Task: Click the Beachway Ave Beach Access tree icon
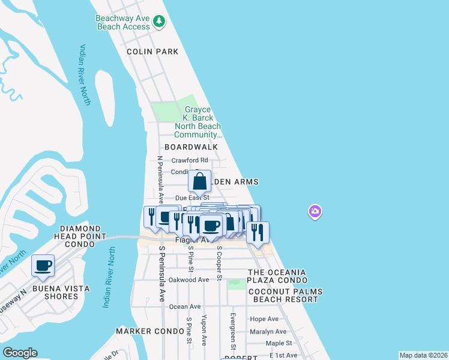[x=159, y=22]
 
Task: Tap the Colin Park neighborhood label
[x=152, y=52]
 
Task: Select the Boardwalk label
[x=191, y=146]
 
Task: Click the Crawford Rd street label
[x=190, y=160]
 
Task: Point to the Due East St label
[x=192, y=197]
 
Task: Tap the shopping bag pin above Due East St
[x=200, y=181]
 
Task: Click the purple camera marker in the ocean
[x=315, y=211]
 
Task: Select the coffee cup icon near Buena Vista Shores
[x=43, y=266]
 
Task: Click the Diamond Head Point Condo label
[x=80, y=233]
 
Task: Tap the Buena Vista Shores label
[x=62, y=292]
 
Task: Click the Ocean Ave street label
[x=185, y=307]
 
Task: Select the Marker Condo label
[x=149, y=331]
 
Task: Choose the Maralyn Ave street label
[x=268, y=331]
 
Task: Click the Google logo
[x=20, y=353]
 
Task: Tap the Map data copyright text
[x=423, y=355]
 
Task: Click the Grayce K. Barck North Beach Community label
[x=197, y=122]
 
